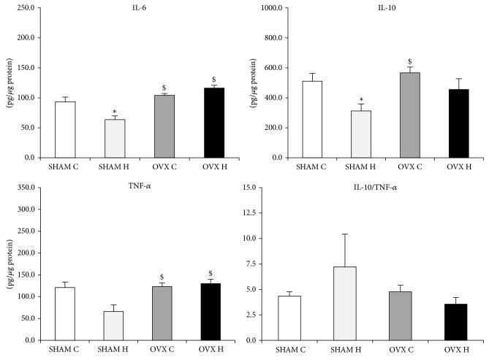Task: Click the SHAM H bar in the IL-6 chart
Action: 115,139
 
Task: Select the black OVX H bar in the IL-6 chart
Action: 214,123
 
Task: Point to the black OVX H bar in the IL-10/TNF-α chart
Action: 455,322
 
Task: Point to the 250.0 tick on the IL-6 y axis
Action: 26,7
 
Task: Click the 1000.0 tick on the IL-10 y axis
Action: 273,7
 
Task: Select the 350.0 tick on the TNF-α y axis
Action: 26,188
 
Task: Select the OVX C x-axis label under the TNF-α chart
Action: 164,351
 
